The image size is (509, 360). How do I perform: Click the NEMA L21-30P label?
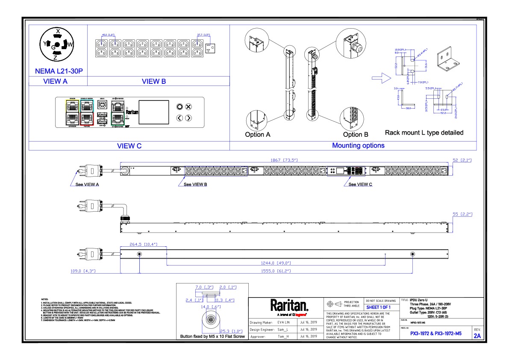click(59, 71)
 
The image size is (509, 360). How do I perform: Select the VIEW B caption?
click(154, 81)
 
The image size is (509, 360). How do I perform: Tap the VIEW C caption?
click(129, 146)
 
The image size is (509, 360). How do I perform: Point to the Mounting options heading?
click(358, 145)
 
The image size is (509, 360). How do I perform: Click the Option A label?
click(258, 134)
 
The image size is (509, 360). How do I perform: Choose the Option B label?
click(356, 134)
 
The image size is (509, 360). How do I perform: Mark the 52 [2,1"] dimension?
click(462, 160)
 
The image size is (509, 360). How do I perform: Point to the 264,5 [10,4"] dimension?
click(144, 244)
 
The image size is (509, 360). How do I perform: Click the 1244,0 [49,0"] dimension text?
click(277, 263)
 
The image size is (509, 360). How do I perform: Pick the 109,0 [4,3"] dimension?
click(83, 271)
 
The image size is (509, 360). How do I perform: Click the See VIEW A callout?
click(87, 184)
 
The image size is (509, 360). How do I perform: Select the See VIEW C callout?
click(360, 184)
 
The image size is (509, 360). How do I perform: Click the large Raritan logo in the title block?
click(289, 305)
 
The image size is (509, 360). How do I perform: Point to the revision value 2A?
click(477, 336)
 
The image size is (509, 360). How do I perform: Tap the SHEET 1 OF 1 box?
click(378, 307)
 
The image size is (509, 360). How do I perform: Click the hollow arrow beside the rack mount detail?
click(381, 78)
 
